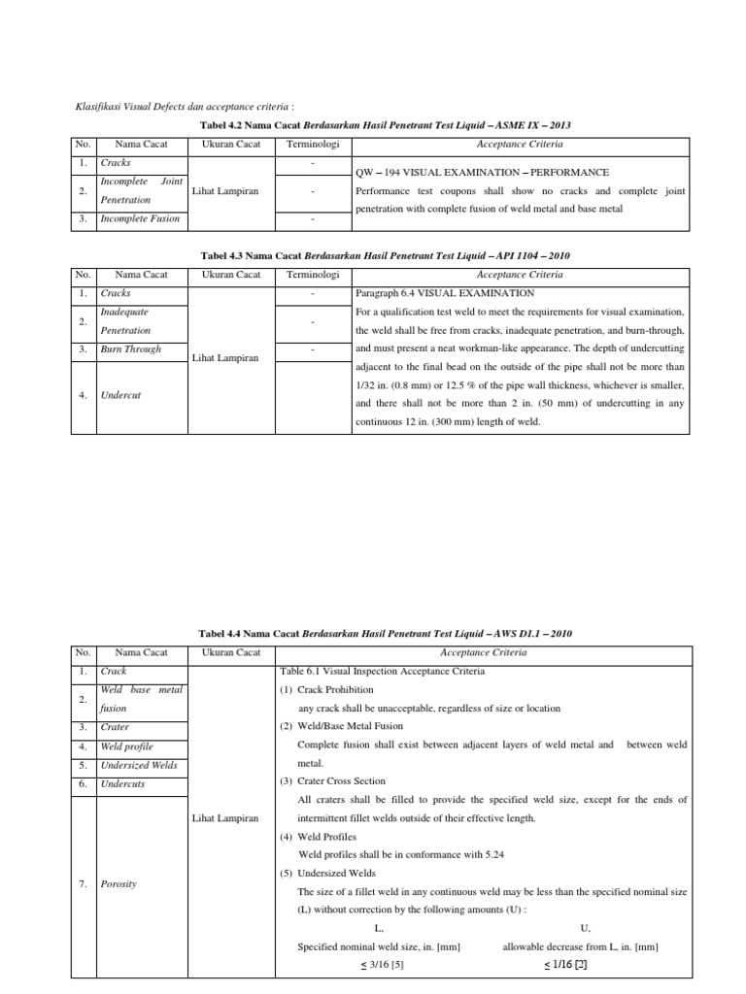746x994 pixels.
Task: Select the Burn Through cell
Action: point(131,348)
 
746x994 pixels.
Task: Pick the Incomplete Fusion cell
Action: point(140,218)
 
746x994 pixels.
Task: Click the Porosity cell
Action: point(119,883)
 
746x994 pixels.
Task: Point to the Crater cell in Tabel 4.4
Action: point(115,727)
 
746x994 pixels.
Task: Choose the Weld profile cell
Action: point(126,746)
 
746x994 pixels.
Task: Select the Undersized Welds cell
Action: point(139,765)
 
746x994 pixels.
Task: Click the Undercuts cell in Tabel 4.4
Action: point(122,783)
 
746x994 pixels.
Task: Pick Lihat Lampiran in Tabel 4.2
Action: point(226,191)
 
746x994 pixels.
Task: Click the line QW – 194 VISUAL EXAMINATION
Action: point(483,172)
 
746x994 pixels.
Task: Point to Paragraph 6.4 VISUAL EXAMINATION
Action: point(445,292)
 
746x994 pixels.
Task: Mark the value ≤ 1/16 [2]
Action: point(566,965)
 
